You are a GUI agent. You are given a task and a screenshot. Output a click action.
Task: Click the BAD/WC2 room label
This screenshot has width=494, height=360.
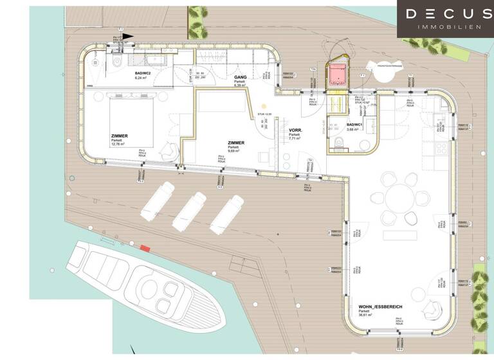pyautogui.click(x=142, y=74)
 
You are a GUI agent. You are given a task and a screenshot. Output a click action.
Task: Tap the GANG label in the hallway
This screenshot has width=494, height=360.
pyautogui.click(x=241, y=76)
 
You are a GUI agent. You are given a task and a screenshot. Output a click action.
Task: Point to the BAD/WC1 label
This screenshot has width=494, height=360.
pyautogui.click(x=355, y=125)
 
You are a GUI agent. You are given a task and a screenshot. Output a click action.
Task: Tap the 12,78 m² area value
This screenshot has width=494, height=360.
pyautogui.click(x=119, y=145)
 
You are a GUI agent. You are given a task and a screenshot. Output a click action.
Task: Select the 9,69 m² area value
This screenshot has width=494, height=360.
pyautogui.click(x=236, y=152)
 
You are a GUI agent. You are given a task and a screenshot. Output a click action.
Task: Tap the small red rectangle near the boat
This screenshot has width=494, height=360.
pyautogui.click(x=145, y=248)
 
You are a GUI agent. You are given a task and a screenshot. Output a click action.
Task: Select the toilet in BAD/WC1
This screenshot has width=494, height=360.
pyautogui.click(x=340, y=142)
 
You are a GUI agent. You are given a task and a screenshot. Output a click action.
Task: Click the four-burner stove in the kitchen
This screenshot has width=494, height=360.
pyautogui.click(x=442, y=148)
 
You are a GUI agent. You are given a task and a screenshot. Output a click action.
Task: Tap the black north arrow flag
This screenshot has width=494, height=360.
pyautogui.click(x=129, y=37)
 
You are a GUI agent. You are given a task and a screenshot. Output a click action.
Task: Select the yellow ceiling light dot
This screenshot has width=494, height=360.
pyautogui.click(x=262, y=107)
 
